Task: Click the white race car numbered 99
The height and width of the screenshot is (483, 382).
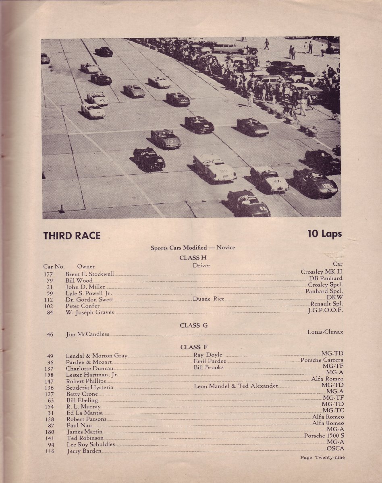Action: [x=214, y=168]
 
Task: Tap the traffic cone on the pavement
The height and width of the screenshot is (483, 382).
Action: [x=62, y=208]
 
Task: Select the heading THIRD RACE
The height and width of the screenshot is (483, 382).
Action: [x=72, y=235]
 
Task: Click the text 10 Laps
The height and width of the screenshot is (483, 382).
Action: [x=324, y=234]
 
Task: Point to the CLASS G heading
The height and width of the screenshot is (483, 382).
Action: [x=193, y=325]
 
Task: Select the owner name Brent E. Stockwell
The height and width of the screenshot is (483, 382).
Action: [x=89, y=274]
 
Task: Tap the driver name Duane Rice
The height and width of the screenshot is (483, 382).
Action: [x=208, y=299]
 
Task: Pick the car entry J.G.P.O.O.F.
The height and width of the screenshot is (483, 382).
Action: [x=325, y=311]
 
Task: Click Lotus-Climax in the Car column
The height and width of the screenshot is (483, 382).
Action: [x=325, y=332]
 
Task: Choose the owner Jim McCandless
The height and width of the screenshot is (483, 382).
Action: [x=87, y=334]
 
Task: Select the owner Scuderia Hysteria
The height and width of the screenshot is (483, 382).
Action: [x=89, y=388]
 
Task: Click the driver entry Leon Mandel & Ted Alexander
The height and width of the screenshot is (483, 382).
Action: [x=236, y=386]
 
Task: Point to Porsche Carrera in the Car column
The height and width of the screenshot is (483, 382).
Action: [x=322, y=360]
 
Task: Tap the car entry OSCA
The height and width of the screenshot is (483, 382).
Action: [x=335, y=448]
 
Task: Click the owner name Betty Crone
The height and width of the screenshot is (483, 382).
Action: [x=82, y=394]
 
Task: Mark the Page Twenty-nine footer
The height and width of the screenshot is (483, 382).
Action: [x=322, y=457]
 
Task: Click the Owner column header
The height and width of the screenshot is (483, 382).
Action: [x=86, y=266]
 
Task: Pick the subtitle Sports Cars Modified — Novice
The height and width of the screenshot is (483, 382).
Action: [x=193, y=248]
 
